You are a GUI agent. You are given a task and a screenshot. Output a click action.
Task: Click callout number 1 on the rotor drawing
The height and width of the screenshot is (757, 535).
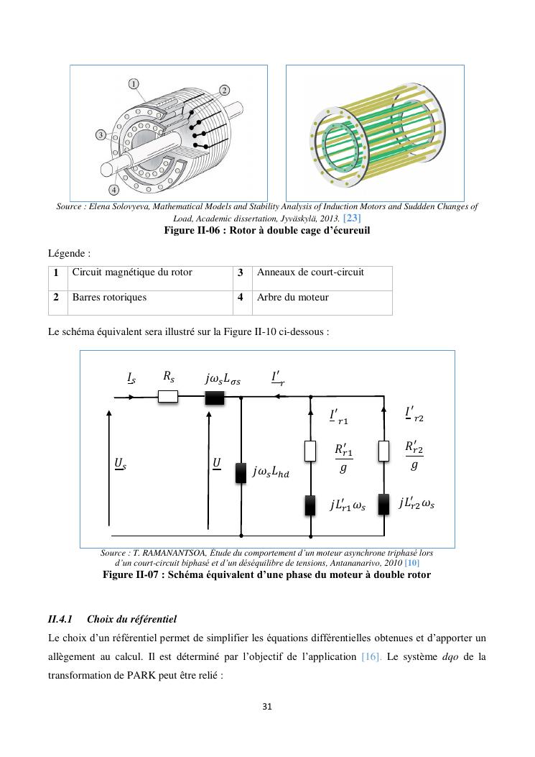(x=134, y=84)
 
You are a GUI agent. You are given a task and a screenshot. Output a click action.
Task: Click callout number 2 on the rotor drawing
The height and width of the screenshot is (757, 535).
(x=224, y=90)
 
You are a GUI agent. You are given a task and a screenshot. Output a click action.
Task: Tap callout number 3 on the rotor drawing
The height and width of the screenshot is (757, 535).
(x=101, y=134)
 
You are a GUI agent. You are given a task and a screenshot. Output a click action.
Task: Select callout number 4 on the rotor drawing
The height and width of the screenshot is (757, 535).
(x=113, y=190)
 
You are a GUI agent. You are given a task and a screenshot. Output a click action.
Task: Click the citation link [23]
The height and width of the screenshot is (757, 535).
(x=352, y=218)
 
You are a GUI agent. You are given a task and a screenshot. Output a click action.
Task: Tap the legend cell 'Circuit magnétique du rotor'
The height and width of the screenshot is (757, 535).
(x=132, y=272)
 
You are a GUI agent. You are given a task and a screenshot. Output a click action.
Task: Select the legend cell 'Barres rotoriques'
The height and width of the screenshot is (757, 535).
(x=109, y=297)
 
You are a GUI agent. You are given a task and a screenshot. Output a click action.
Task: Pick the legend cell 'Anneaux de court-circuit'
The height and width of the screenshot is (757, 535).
(x=310, y=272)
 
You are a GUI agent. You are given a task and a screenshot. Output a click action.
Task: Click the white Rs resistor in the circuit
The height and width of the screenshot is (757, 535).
(x=167, y=396)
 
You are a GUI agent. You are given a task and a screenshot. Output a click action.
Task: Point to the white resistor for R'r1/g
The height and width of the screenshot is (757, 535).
(x=311, y=451)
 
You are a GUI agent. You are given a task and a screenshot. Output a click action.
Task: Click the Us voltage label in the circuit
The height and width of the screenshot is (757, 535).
(x=120, y=464)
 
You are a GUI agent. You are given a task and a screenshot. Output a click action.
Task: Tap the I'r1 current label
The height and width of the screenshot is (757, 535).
(x=338, y=416)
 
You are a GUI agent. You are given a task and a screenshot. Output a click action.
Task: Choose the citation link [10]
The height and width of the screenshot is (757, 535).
(x=412, y=562)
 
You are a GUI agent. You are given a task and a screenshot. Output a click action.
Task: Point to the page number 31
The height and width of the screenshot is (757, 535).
(x=267, y=707)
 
